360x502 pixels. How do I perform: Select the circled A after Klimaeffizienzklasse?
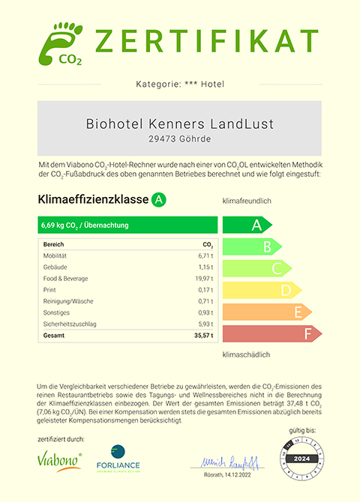click(x=158, y=199)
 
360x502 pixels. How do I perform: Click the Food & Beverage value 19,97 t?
click(x=205, y=279)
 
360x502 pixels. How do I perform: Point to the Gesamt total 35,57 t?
click(x=203, y=336)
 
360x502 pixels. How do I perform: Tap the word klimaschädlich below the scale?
click(x=246, y=354)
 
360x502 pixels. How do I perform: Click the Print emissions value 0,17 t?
click(x=206, y=290)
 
